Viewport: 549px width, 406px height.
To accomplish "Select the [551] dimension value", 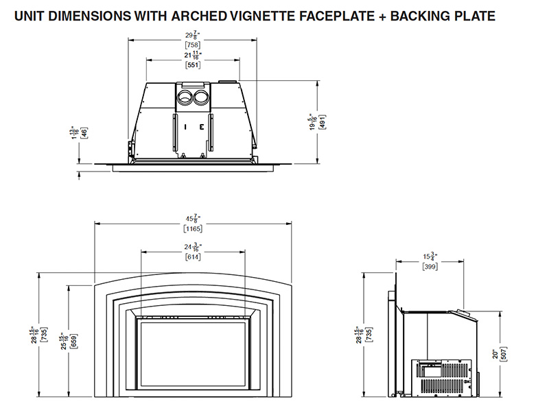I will pos(191,67).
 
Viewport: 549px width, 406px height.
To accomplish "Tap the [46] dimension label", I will pos(84,132).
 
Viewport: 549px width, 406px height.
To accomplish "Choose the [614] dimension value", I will pos(192,256).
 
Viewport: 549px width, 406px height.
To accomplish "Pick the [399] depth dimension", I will pos(430,266).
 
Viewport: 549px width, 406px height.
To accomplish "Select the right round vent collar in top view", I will pos(200,97).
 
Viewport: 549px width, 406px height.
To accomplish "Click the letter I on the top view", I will pos(185,127).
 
